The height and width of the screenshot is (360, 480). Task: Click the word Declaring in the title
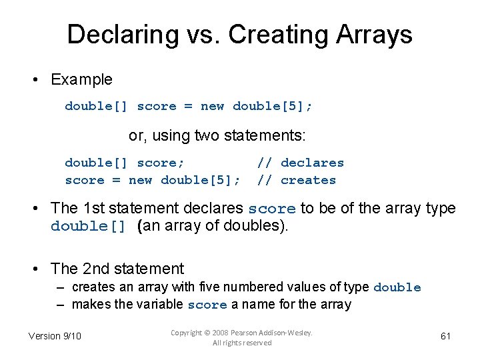(x=113, y=35)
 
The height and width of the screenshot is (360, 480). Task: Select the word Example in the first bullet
(x=82, y=79)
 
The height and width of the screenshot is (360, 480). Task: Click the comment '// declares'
(x=301, y=163)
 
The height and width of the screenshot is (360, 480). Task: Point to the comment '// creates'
(x=297, y=180)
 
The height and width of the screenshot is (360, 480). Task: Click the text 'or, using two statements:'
(x=217, y=136)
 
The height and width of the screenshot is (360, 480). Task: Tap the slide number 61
(x=445, y=336)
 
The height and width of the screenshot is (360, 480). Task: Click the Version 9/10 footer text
(x=55, y=336)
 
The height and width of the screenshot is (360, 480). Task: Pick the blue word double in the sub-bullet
(x=397, y=287)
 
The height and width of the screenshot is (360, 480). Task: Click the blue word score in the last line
(x=207, y=305)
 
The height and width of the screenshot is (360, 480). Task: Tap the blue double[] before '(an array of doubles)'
(x=88, y=226)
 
